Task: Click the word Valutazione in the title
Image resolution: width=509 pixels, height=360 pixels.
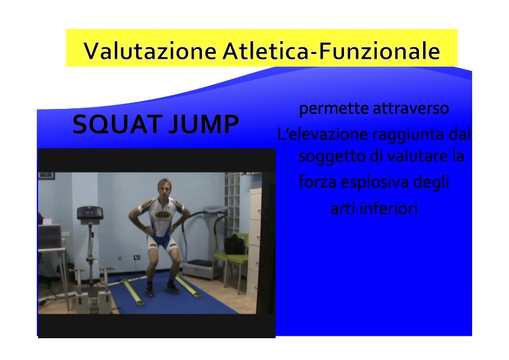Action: tap(150, 51)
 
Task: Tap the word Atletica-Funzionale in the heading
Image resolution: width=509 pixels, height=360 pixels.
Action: tap(331, 51)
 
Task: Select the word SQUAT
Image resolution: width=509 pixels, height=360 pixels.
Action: tap(117, 125)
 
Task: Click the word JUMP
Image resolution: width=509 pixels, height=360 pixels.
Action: tap(204, 125)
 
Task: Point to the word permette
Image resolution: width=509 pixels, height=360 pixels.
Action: tap(333, 108)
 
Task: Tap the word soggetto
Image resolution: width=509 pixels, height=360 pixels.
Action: tap(332, 157)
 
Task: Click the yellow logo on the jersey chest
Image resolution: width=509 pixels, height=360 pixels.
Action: tap(161, 215)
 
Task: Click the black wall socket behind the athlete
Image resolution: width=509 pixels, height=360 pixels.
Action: tap(137, 257)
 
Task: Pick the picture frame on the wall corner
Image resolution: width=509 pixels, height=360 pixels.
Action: tap(46, 176)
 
